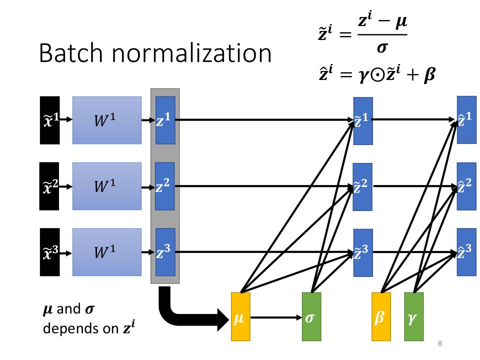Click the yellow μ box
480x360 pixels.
click(x=240, y=316)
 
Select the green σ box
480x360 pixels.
click(x=311, y=316)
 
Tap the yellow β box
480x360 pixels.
click(x=381, y=316)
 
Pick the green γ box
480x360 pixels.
click(x=414, y=316)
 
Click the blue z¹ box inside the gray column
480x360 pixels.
click(x=165, y=120)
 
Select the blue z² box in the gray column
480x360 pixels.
click(x=165, y=186)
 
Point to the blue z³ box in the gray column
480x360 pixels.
click(x=165, y=252)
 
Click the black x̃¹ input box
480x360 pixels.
click(x=49, y=120)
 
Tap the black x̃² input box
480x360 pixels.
click(x=49, y=186)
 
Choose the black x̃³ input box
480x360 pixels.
click(x=49, y=252)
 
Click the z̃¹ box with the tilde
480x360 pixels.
click(x=363, y=120)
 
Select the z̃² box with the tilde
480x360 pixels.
click(x=363, y=186)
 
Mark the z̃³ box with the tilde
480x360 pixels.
click(x=363, y=252)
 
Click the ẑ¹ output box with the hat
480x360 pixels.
click(x=466, y=120)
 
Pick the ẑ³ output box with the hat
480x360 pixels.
click(x=466, y=252)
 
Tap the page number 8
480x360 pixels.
click(x=439, y=343)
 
